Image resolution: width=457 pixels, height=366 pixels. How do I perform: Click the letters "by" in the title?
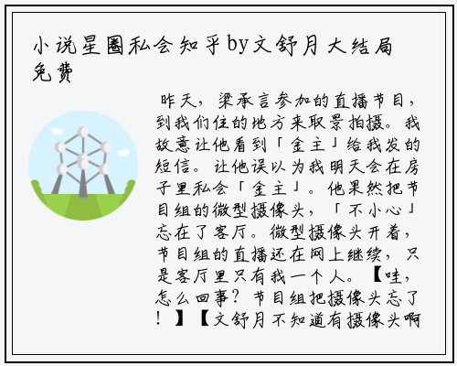(x=238, y=46)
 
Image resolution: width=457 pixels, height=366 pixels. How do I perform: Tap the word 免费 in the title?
(x=53, y=72)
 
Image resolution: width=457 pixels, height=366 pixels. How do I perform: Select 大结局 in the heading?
(x=360, y=46)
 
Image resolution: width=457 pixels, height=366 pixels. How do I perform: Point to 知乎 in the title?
(x=199, y=46)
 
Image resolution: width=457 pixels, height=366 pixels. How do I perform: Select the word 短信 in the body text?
(x=173, y=167)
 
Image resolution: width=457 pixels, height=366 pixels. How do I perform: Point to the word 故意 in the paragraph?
(x=173, y=145)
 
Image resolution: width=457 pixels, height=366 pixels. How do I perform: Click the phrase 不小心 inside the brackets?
(x=375, y=210)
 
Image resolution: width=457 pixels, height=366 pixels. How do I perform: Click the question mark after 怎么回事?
(x=235, y=297)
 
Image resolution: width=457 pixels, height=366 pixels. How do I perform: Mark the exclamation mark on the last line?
(x=158, y=319)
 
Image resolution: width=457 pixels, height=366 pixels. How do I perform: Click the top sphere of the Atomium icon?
(x=83, y=132)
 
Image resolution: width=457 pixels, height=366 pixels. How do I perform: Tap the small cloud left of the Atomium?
(x=58, y=132)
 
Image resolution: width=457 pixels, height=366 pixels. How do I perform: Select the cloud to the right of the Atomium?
(x=123, y=153)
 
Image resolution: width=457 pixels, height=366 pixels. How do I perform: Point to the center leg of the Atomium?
(x=83, y=183)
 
